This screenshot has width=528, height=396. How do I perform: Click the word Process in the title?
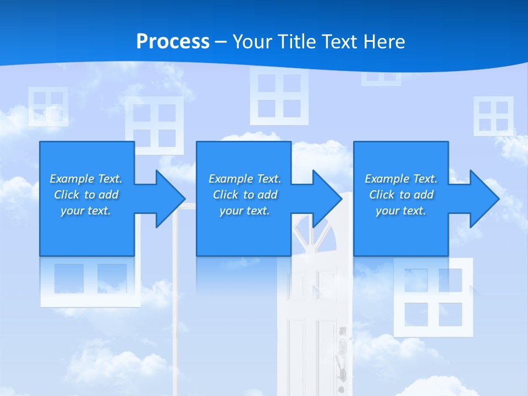tap(173, 42)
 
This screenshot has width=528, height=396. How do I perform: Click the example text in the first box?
tap(86, 195)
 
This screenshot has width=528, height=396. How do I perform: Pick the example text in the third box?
tap(401, 195)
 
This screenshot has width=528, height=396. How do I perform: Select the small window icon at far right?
tap(493, 116)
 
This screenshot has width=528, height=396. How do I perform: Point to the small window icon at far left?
tap(48, 106)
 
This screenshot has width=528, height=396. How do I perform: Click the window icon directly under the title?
tap(279, 96)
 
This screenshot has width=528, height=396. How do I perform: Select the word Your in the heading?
tap(251, 42)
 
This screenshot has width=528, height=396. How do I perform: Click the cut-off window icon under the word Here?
tap(381, 79)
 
